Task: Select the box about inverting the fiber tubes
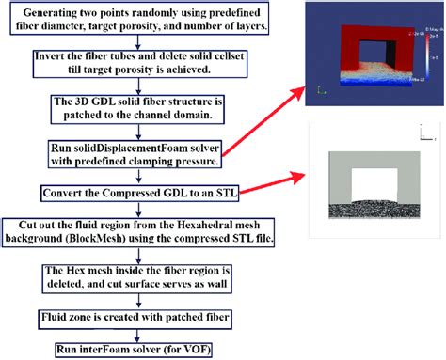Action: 140,63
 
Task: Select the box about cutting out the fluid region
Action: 140,231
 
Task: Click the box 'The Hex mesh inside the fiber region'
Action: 140,275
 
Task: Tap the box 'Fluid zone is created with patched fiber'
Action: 140,317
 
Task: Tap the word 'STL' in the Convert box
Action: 219,193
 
